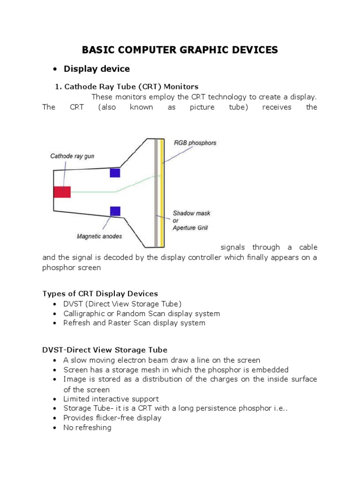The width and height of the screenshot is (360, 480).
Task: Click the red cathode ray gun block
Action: coord(62,192)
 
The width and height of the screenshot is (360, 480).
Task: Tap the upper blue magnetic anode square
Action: coord(115,173)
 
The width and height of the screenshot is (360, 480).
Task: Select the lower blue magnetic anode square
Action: coord(115,211)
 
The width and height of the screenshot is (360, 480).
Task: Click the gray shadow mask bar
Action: coord(156,192)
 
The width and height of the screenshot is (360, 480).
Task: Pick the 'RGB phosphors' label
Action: coord(195,142)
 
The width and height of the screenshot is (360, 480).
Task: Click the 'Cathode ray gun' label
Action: coord(72,156)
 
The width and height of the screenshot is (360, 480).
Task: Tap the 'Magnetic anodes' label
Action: coord(99,236)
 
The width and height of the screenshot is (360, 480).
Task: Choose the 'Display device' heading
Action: coord(97,69)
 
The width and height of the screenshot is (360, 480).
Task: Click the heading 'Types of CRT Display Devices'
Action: coord(100,293)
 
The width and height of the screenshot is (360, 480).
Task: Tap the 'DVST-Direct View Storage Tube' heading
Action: coord(105,350)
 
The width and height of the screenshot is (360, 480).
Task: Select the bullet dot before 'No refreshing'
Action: coord(55,428)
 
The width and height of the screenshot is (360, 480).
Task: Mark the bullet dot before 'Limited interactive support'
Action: coord(55,399)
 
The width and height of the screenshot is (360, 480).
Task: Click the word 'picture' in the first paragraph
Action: coord(202,107)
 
